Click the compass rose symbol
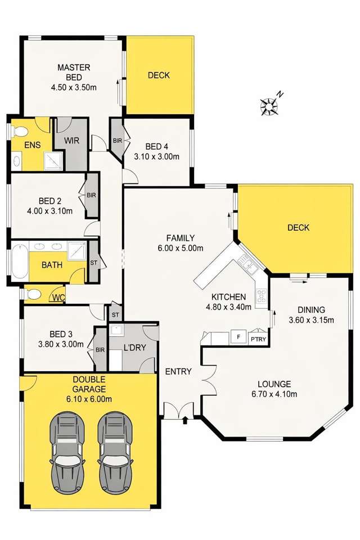pos(269,105)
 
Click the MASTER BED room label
pos(73,73)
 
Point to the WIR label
pos(71,140)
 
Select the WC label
pos(58,297)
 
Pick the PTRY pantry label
pos(258,339)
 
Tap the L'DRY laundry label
pos(135,348)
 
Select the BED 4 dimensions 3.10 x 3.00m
pos(156,156)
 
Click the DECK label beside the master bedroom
pos(159,75)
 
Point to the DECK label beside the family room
pos(298,228)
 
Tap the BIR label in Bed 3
pos(100,349)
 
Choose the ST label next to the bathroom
pos(93,263)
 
